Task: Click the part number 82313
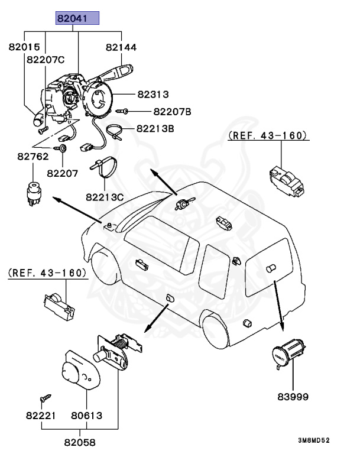(x=154, y=94)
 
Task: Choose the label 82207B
(x=172, y=111)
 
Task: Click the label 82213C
(x=103, y=196)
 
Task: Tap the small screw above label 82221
(x=44, y=400)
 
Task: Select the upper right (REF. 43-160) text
(x=268, y=136)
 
